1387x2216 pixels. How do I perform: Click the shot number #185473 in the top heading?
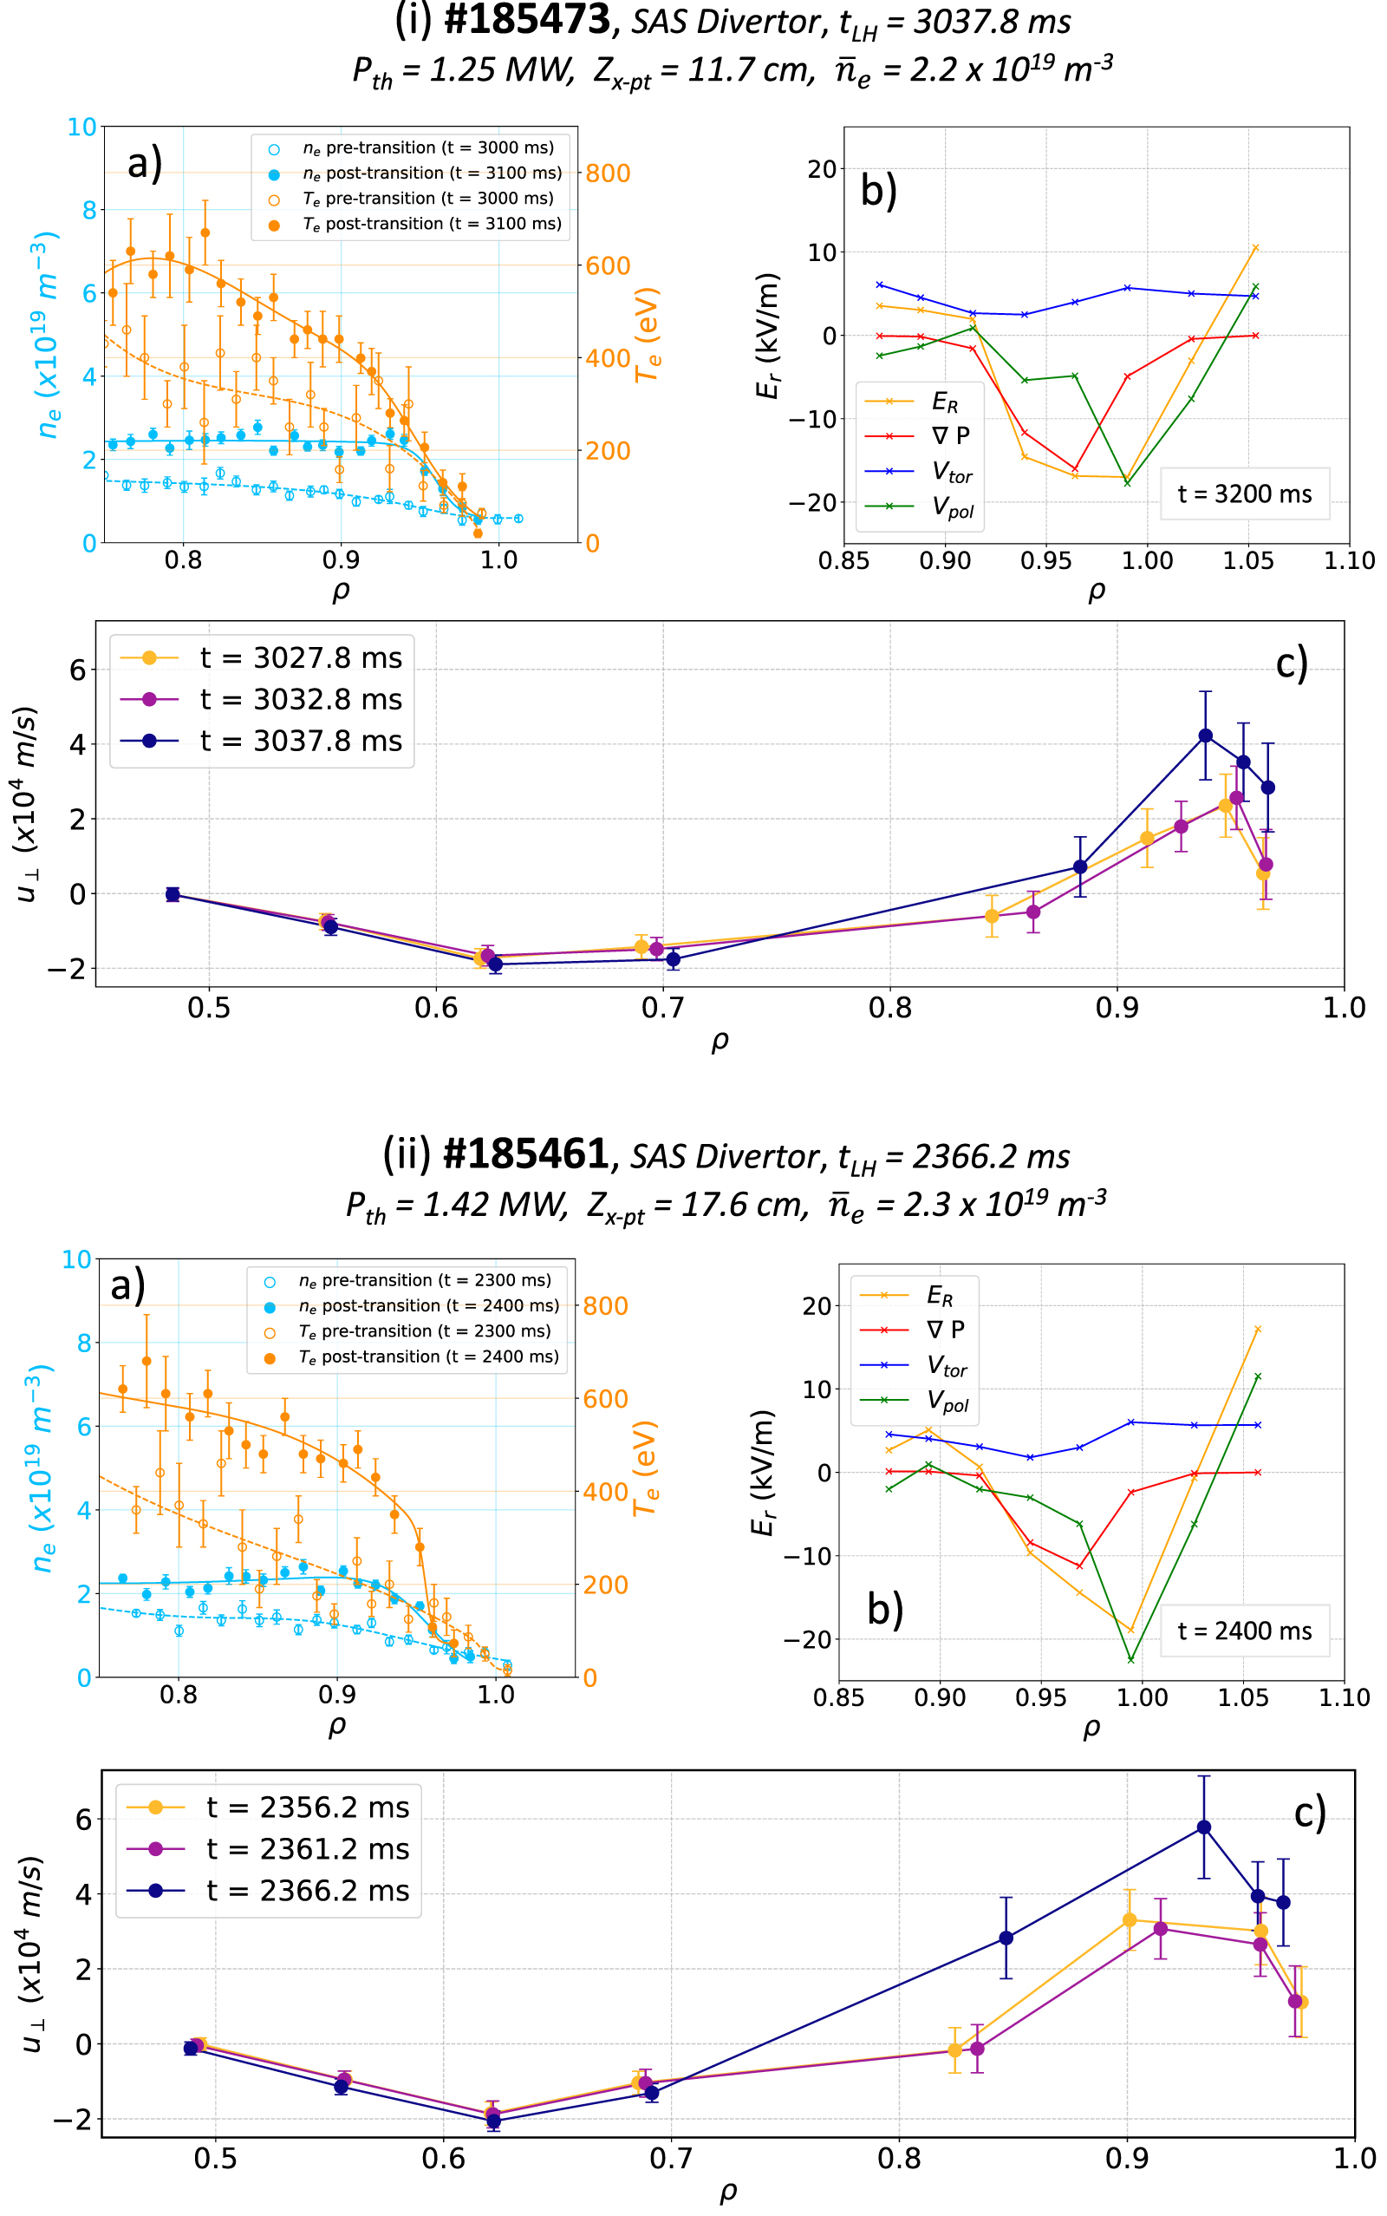pyautogui.click(x=526, y=20)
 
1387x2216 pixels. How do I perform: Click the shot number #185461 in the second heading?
pyautogui.click(x=525, y=1154)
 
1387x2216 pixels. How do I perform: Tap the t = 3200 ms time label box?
pyautogui.click(x=1244, y=494)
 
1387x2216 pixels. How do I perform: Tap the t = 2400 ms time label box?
pyautogui.click(x=1244, y=1631)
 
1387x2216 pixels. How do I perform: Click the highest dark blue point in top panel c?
pyautogui.click(x=1205, y=735)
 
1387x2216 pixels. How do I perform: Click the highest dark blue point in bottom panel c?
pyautogui.click(x=1203, y=1827)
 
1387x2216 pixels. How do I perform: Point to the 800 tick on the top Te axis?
pyautogui.click(x=609, y=173)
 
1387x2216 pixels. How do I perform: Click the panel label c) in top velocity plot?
pyautogui.click(x=1292, y=663)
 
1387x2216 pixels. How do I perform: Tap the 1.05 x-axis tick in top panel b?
pyautogui.click(x=1247, y=560)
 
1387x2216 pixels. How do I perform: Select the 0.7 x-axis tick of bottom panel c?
pyautogui.click(x=671, y=2158)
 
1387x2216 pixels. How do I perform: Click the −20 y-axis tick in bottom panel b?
pyautogui.click(x=807, y=1640)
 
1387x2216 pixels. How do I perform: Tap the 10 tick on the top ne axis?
pyautogui.click(x=81, y=127)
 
